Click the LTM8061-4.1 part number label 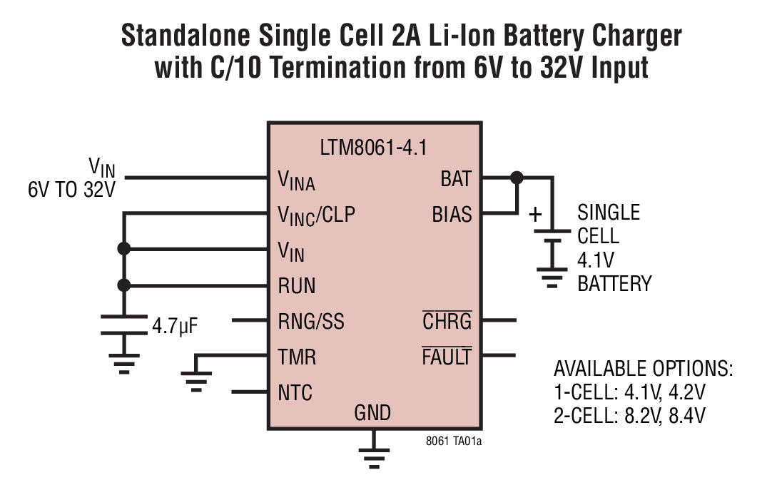[x=375, y=149]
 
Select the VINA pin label [x=296, y=180]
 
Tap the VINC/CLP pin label [x=316, y=215]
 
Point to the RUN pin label [x=296, y=286]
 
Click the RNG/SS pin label [x=310, y=322]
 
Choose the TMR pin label [x=296, y=357]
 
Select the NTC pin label [x=295, y=392]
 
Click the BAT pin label [x=456, y=179]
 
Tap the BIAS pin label [x=452, y=214]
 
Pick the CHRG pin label [x=447, y=322]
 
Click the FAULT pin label [x=447, y=357]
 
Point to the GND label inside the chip [x=372, y=412]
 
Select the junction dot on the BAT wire [x=517, y=177]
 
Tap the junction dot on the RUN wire [x=124, y=285]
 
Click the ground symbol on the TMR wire [x=197, y=377]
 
